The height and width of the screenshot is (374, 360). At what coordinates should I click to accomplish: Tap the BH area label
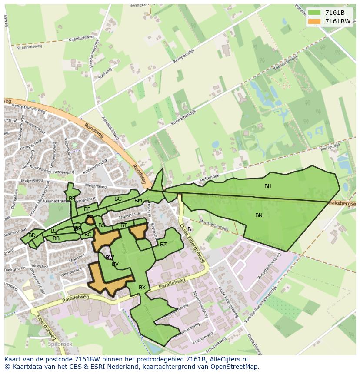click(x=268, y=186)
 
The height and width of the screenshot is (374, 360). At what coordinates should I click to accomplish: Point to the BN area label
click(x=259, y=215)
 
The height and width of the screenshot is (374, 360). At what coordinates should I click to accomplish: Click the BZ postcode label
click(x=163, y=245)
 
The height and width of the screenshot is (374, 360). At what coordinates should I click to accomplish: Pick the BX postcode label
click(x=142, y=288)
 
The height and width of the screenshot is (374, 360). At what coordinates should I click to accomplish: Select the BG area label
click(x=118, y=199)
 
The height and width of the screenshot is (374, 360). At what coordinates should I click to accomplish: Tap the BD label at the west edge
click(x=32, y=235)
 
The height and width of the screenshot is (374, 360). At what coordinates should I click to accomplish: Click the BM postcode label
click(x=138, y=201)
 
